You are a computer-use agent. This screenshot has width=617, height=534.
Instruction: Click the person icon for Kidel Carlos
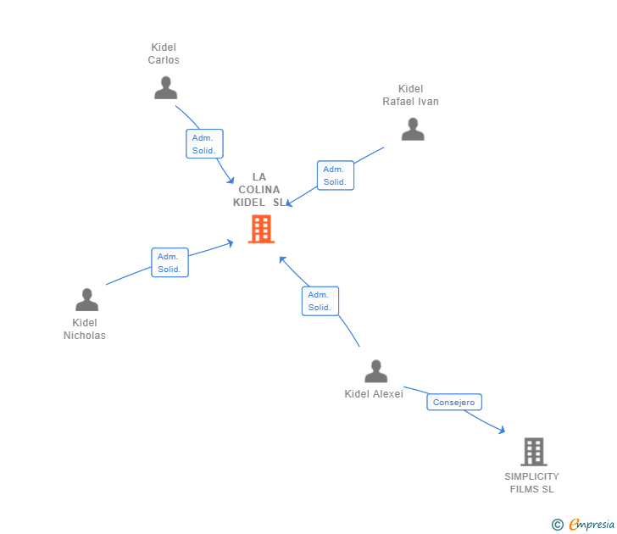165,88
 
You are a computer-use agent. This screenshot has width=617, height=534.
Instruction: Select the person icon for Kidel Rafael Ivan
413,130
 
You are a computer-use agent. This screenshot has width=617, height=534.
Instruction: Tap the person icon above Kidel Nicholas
86,300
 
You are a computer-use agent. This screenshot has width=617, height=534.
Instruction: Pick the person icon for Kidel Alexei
375,371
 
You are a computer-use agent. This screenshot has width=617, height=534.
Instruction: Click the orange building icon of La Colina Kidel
261,229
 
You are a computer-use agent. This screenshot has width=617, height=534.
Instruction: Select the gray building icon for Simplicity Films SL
533,452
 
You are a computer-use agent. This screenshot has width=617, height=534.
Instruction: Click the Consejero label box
454,403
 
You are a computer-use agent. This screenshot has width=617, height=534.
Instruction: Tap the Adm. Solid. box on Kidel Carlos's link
204,144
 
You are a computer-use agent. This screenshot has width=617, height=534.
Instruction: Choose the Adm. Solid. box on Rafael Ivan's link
335,175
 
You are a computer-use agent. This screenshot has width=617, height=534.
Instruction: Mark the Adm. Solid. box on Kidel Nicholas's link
170,263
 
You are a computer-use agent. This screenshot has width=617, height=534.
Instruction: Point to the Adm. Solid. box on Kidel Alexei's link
320,301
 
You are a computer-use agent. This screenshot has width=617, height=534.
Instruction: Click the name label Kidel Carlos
164,54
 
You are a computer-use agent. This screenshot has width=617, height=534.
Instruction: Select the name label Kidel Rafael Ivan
410,96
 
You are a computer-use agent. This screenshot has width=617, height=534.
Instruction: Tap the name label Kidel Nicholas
85,329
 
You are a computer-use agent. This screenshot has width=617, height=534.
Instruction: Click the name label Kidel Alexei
374,394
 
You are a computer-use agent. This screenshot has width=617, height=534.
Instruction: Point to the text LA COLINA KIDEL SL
259,190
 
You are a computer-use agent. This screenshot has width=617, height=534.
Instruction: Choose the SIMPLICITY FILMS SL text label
531,483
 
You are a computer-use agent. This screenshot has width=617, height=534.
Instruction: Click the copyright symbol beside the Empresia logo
557,525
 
